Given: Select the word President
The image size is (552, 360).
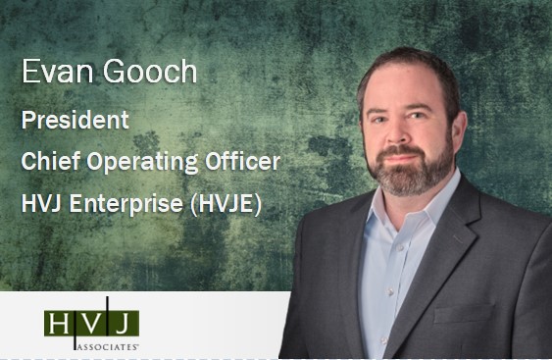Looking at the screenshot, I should [75, 122].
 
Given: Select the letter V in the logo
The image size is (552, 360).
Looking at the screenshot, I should [90, 323].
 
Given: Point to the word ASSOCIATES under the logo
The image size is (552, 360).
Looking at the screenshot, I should [104, 346].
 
